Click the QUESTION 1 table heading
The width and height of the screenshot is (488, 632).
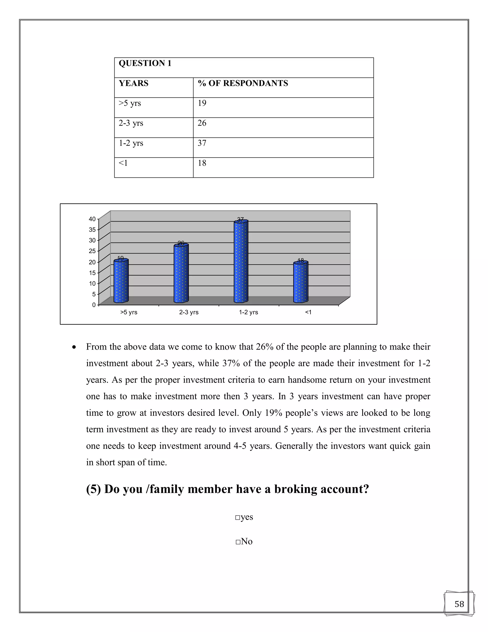[x=145, y=63]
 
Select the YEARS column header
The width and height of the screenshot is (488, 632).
[x=134, y=83]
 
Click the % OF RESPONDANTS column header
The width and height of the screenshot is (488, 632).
[x=243, y=83]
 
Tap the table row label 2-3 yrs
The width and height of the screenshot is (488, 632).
[x=131, y=123]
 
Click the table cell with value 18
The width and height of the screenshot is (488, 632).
[x=202, y=163]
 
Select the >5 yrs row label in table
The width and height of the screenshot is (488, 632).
[x=130, y=103]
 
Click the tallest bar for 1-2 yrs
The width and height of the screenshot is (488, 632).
[x=241, y=262]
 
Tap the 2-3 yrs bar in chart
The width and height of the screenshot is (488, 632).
[x=181, y=274]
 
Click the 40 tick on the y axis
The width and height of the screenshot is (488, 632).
[x=92, y=219]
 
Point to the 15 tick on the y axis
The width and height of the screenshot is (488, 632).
[x=92, y=273]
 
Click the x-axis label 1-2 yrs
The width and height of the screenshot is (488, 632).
[x=248, y=312]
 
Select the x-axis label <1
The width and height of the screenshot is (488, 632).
[x=308, y=312]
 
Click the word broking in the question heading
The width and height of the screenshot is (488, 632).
[x=295, y=489]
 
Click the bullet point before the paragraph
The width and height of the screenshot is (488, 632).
[x=74, y=347]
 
